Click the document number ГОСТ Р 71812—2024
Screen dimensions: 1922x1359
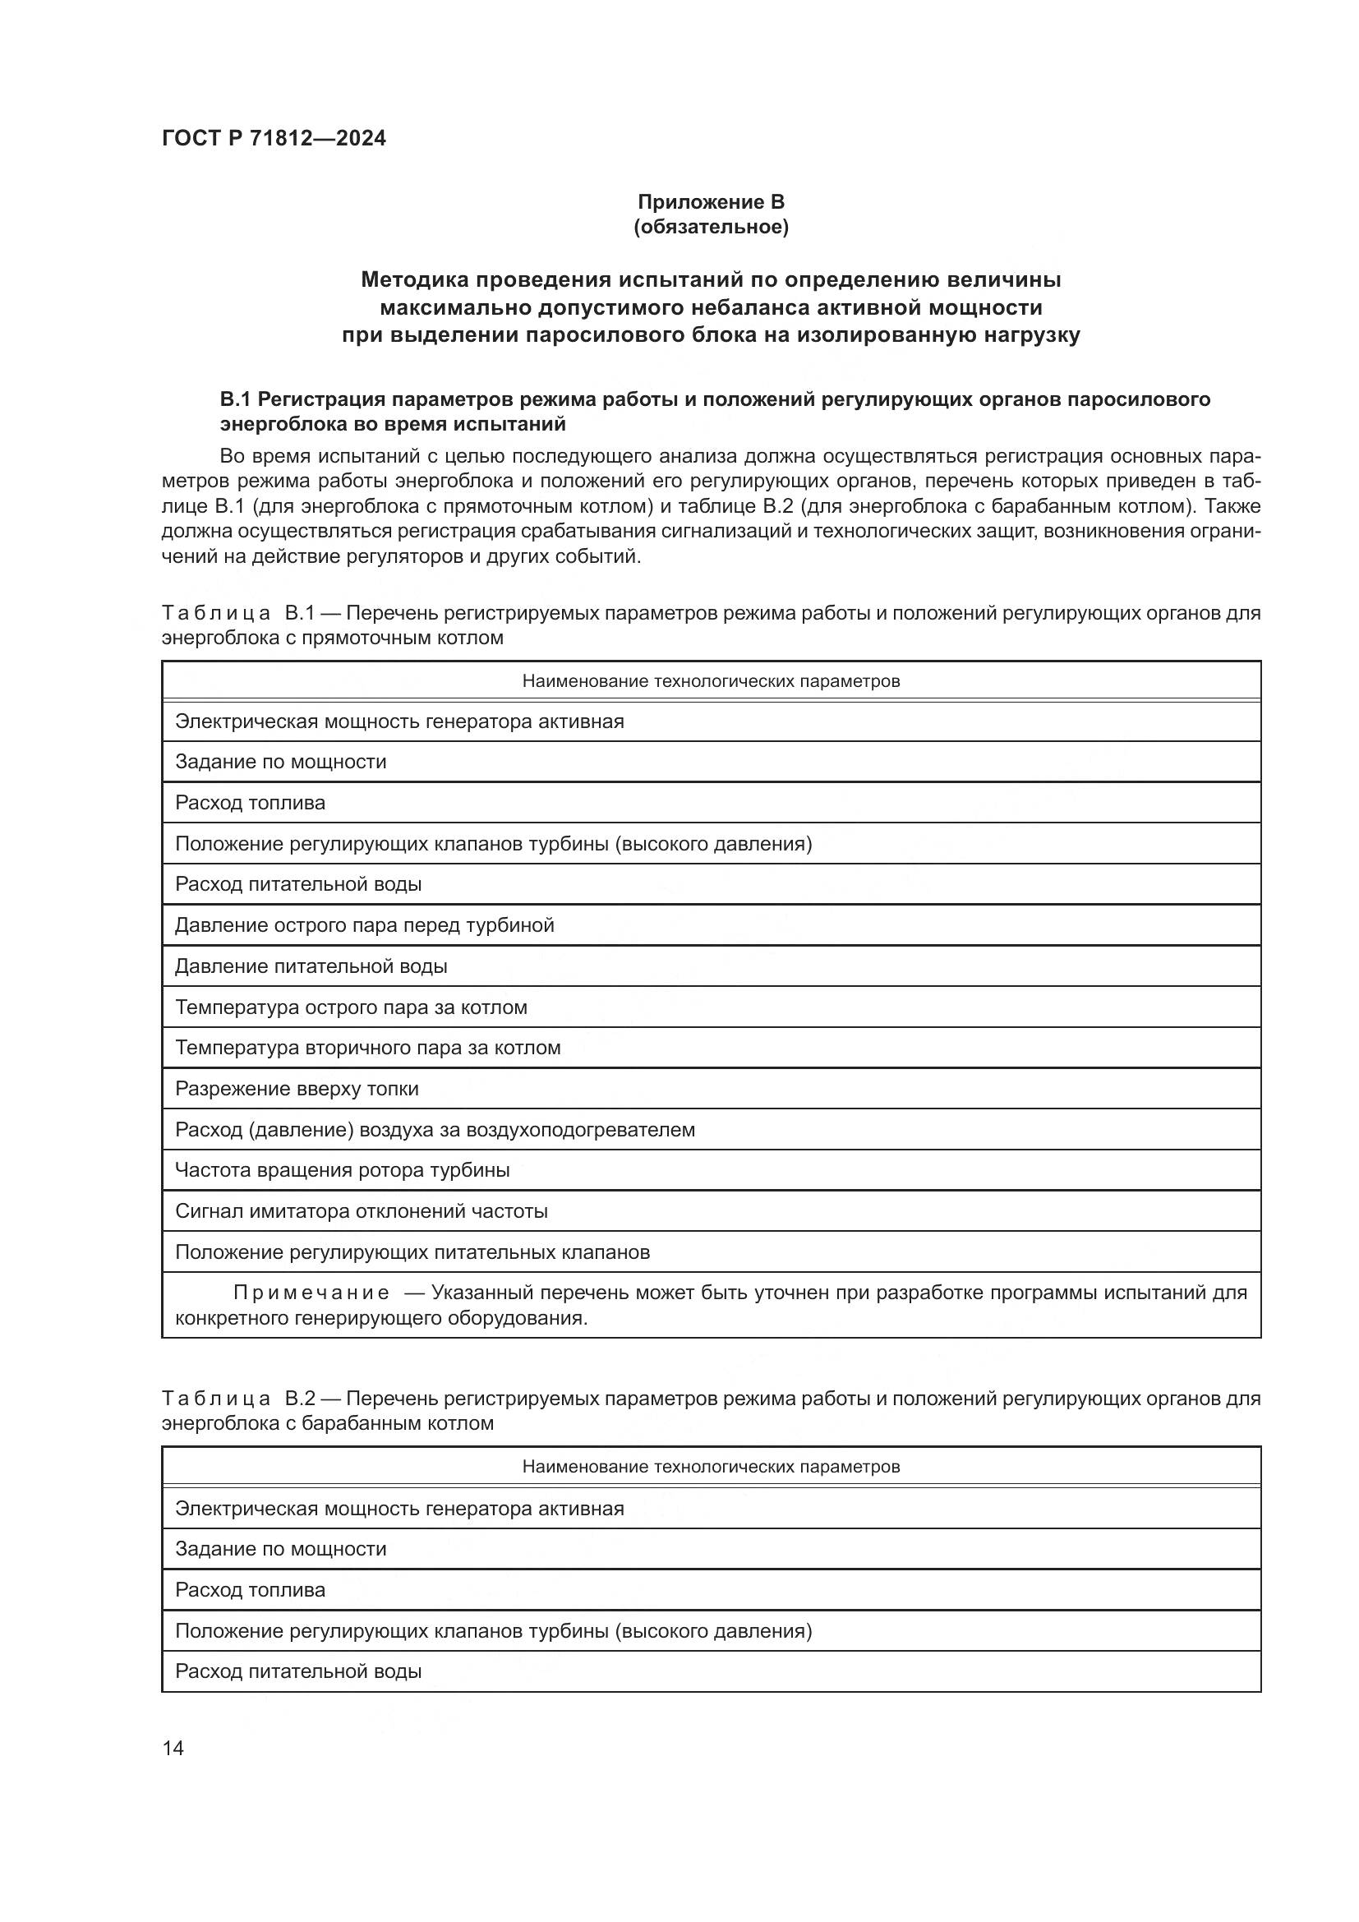274,139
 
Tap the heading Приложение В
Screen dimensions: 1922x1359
711,202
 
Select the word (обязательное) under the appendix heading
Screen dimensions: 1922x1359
711,227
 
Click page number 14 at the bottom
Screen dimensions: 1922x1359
173,1748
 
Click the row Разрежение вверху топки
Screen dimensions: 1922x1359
297,1089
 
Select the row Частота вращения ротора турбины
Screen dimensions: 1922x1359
343,1170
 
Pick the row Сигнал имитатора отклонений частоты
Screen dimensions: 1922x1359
362,1211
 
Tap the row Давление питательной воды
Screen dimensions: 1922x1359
311,967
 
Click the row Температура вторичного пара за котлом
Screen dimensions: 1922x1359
367,1048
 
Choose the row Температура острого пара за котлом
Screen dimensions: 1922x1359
351,1008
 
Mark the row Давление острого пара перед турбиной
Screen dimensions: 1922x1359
364,926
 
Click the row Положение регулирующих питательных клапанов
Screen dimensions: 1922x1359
412,1252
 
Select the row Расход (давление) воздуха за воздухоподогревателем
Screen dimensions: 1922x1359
435,1130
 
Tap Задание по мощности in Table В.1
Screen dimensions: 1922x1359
280,763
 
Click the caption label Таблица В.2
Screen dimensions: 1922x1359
237,1399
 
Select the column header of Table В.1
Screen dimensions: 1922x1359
711,681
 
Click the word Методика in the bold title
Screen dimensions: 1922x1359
414,279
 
